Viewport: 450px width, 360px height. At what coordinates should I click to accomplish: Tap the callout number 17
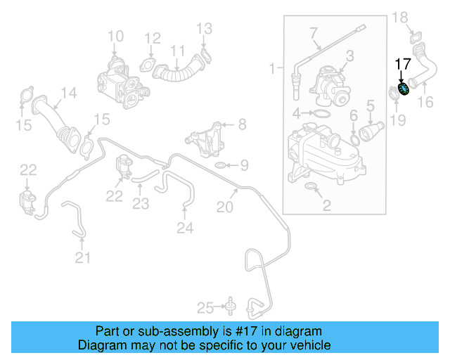[402, 64]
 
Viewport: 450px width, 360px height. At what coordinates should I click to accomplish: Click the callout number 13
[203, 29]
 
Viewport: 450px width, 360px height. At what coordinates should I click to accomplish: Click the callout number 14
[67, 93]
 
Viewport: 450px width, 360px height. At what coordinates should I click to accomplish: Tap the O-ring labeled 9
[219, 166]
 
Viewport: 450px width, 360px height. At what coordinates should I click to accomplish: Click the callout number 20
[224, 207]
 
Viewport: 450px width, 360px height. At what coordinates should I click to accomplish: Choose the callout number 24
[184, 227]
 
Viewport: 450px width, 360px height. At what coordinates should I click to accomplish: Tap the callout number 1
[272, 68]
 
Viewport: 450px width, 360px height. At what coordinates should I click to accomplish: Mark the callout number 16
[425, 103]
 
